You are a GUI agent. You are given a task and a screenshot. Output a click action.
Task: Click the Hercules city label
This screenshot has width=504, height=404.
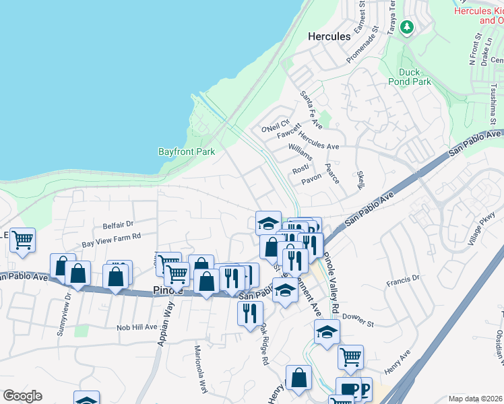click(x=329, y=36)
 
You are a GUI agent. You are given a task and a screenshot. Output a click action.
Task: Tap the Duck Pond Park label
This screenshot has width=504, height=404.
click(x=409, y=77)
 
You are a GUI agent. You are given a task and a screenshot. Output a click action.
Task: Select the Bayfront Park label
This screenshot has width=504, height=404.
click(x=187, y=151)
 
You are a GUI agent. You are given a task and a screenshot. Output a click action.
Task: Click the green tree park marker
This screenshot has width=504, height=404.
click(x=406, y=28)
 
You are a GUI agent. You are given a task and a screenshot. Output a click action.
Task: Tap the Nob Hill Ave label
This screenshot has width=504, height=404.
click(x=137, y=327)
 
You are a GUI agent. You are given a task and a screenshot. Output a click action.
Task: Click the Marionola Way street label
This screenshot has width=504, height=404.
click(x=201, y=369)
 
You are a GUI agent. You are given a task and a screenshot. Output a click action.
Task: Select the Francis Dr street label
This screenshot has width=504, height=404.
click(x=403, y=277)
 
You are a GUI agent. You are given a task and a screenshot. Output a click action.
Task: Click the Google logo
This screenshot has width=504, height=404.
click(x=22, y=396)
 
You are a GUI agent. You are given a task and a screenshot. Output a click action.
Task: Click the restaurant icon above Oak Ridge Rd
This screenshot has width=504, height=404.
click(x=250, y=312)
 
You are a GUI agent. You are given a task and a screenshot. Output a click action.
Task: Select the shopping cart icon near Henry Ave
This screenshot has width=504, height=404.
click(x=350, y=356)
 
